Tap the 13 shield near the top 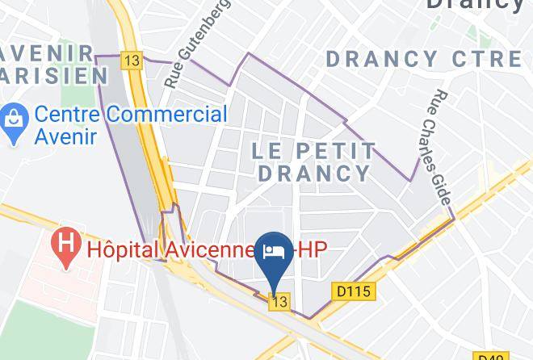point(132,61)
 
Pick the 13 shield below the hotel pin point(279,301)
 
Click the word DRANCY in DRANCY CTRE point(381,59)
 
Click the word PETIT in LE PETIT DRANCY point(333,151)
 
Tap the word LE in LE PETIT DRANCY point(267,151)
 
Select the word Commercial point(167,114)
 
